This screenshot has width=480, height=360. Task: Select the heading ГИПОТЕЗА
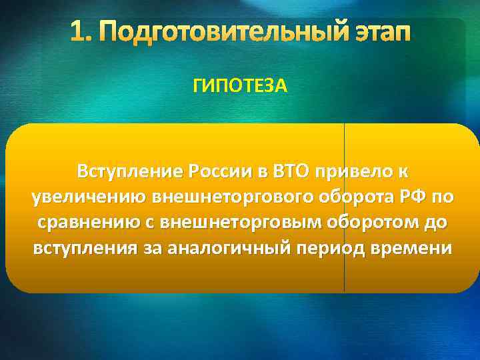(241, 85)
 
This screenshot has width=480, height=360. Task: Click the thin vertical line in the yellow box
(344, 280)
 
